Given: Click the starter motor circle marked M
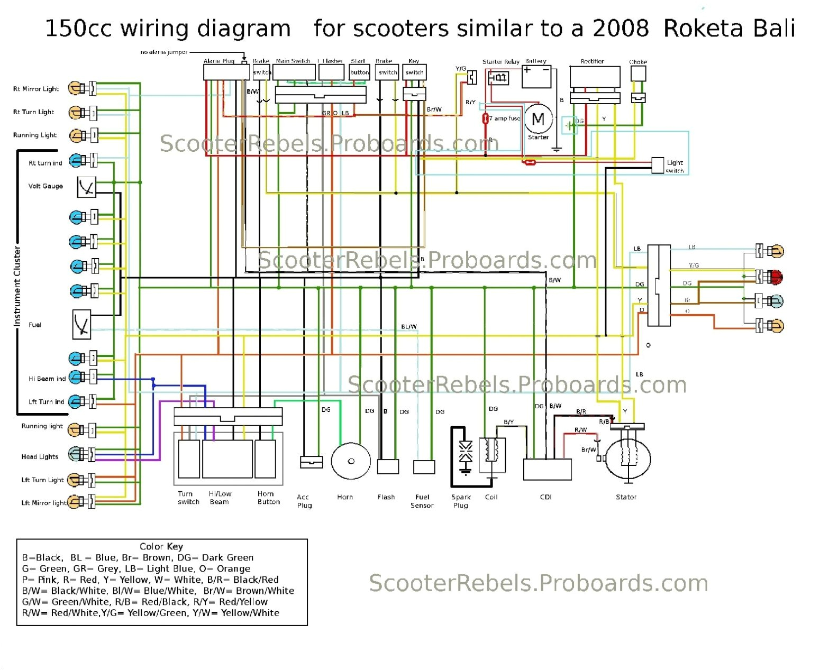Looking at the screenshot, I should [538, 119].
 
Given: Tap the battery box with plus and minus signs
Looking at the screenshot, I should [536, 76].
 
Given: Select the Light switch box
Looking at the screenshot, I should [657, 165].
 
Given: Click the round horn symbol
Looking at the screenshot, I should [351, 461].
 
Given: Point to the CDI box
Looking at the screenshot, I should [547, 469].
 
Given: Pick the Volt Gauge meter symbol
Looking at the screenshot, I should [86, 187].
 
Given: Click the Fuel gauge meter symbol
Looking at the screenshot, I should [81, 324].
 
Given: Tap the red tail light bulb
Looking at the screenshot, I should [776, 276].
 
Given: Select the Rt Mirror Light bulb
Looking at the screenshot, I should [75, 88].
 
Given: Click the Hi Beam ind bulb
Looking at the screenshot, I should [76, 378].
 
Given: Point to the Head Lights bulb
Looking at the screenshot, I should [75, 454].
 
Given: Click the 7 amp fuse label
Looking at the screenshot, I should [504, 118].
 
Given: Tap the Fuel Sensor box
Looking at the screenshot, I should [424, 467].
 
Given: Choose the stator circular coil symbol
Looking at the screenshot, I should [628, 458].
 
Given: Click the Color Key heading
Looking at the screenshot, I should [161, 546].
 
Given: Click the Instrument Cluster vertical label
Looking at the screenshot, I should [17, 286].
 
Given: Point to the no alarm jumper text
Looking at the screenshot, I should [163, 52].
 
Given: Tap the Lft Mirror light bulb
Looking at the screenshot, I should [75, 501].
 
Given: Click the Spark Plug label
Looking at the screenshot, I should [460, 501].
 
